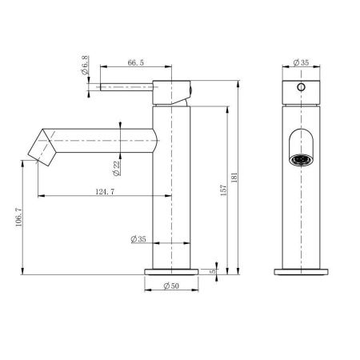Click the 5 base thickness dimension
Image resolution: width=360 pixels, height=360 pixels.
tap(214, 271)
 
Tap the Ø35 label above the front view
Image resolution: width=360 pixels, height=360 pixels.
tap(301, 62)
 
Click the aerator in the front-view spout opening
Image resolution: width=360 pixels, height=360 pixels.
tap(302, 156)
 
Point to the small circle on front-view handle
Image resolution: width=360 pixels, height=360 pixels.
tap(301, 86)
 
